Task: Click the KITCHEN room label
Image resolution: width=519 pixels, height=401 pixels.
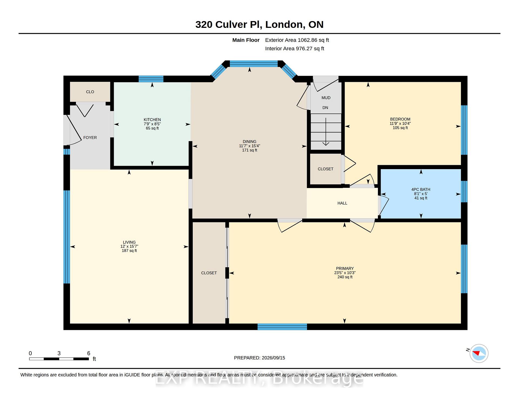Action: coord(152,120)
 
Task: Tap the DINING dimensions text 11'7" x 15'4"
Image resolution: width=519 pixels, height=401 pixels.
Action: coord(249,146)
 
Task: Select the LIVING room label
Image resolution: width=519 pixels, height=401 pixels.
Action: coord(129,242)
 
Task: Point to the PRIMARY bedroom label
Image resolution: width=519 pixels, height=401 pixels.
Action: coord(345,269)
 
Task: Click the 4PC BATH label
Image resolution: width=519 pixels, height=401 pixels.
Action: coord(421,190)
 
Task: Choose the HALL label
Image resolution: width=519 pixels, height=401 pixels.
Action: coord(342,203)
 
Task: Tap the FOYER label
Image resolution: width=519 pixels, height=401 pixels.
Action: coord(90,138)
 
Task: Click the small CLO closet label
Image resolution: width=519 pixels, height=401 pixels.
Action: coord(90,92)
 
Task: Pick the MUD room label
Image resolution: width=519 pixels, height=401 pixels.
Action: coord(326,98)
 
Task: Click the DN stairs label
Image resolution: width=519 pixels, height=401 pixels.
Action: coord(325,108)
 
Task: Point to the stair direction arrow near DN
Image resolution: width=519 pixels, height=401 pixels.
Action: coord(326,132)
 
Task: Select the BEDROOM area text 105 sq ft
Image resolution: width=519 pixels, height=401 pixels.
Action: coord(400,128)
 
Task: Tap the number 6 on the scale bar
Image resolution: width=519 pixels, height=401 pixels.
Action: coord(89,353)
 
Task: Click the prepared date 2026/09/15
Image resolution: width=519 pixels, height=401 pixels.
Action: coord(273,358)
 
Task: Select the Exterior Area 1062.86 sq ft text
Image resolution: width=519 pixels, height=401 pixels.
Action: coord(297,40)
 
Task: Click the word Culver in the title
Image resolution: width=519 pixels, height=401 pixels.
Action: coord(231,25)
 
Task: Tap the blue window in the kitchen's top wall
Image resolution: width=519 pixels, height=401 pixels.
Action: coord(151,79)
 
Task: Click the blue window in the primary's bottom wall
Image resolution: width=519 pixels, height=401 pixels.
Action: coord(282,327)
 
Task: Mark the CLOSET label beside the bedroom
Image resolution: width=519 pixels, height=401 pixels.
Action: coord(325,169)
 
